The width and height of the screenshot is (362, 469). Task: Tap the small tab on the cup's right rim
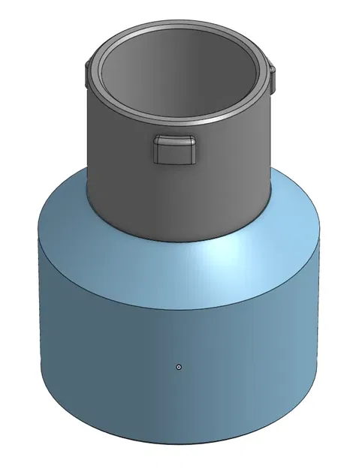click(x=273, y=74)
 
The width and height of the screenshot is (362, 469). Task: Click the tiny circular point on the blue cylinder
click(x=179, y=367)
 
